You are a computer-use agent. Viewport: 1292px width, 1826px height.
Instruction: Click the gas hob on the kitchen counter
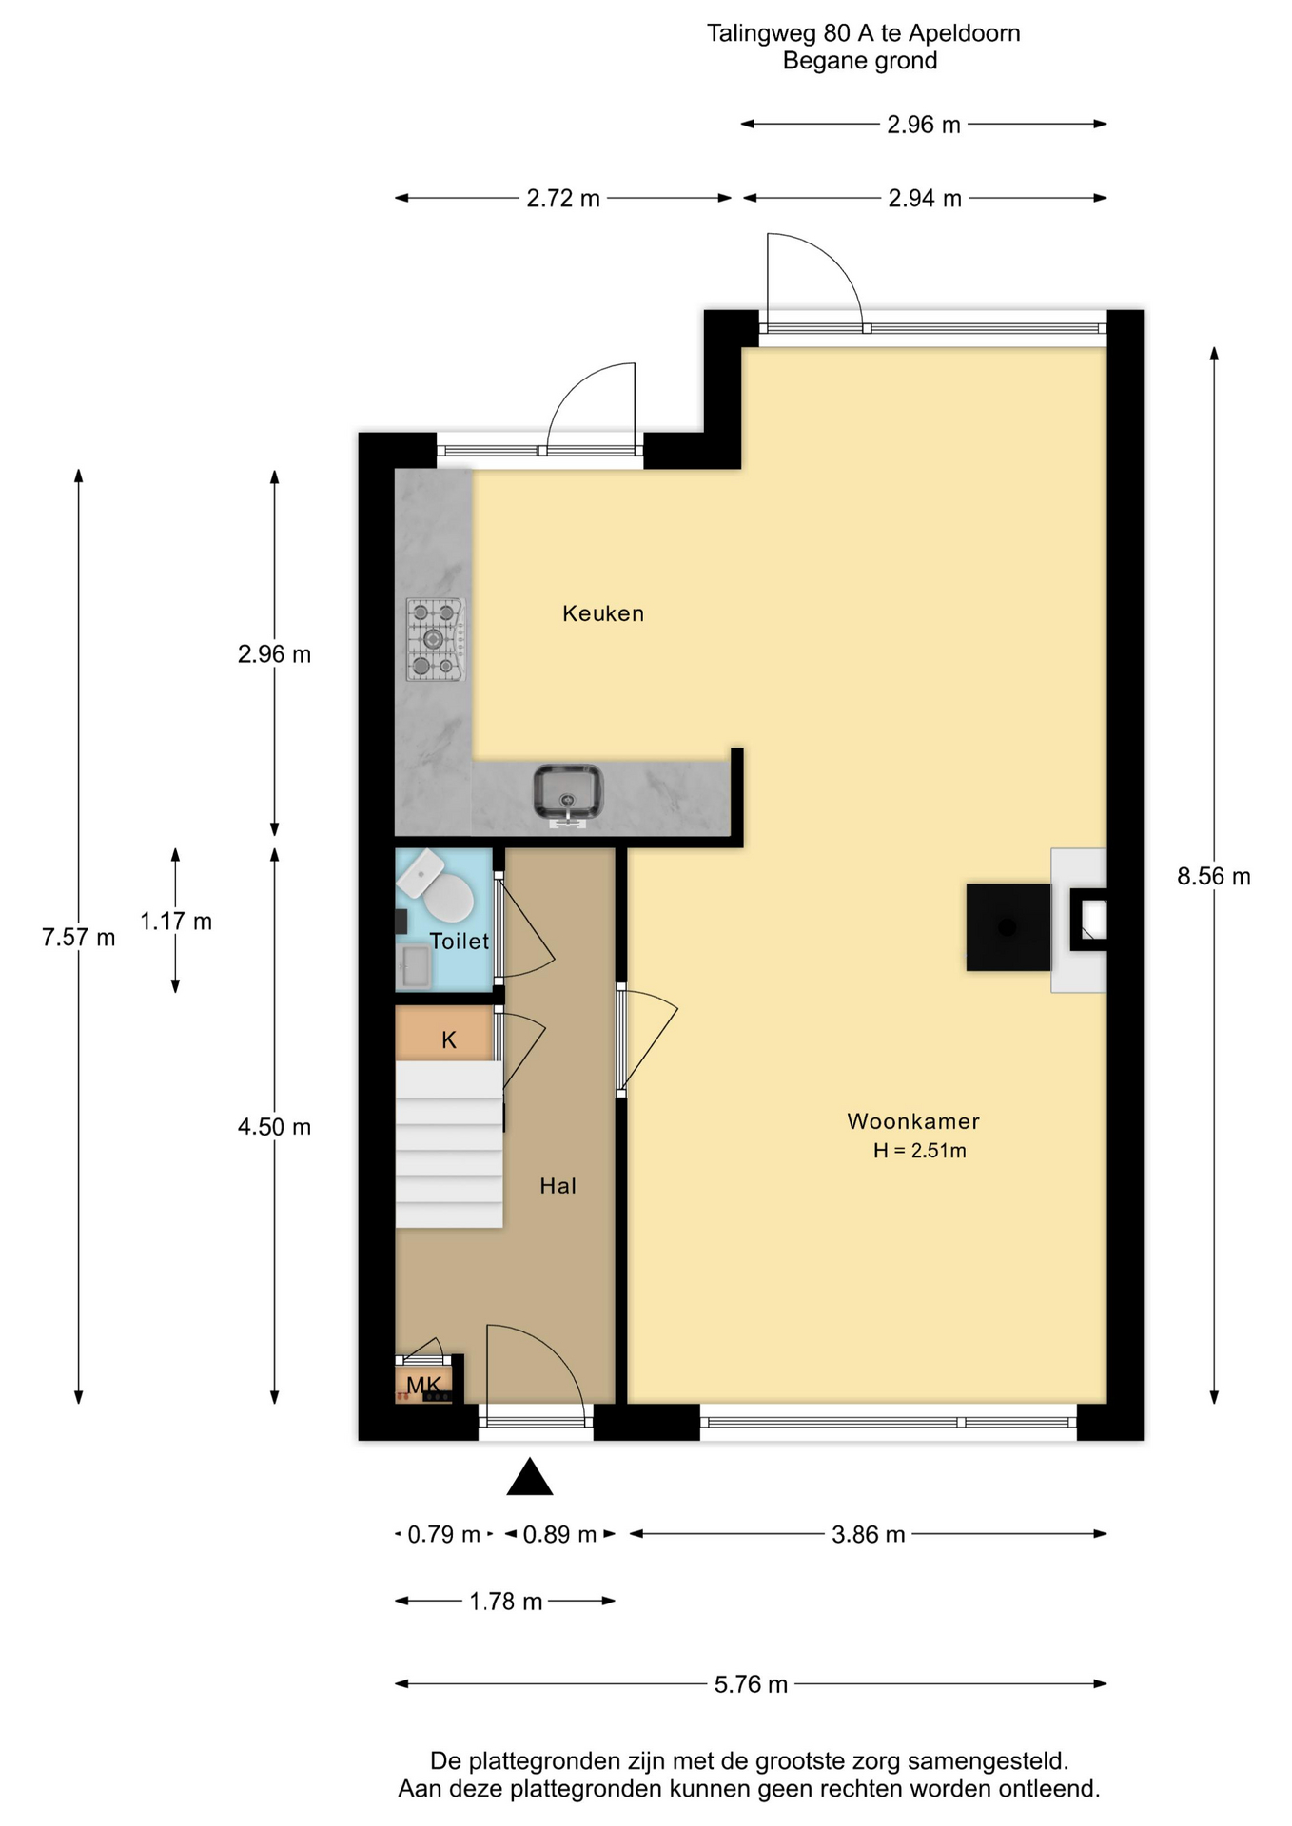pos(436,639)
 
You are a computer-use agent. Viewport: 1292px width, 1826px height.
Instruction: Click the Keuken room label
pos(603,613)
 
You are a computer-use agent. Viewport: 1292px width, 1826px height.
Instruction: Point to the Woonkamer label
pos(913,1121)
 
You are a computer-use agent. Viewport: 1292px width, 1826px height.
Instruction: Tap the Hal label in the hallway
pos(558,1186)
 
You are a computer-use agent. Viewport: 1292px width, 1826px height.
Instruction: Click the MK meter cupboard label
pos(424,1385)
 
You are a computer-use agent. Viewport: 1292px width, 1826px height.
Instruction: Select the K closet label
pos(449,1040)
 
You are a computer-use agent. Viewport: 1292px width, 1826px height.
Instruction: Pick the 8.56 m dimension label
pos(1214,877)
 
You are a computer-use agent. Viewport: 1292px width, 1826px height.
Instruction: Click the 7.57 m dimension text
pos(79,938)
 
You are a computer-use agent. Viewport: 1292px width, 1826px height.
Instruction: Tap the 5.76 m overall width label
pos(751,1684)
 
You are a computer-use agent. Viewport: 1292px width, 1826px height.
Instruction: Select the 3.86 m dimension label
pos(869,1534)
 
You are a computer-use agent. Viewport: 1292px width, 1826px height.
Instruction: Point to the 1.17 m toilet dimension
pos(176,922)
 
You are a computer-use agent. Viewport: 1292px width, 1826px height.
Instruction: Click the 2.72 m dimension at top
pos(563,198)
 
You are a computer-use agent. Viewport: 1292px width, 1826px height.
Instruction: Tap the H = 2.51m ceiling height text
pos(920,1151)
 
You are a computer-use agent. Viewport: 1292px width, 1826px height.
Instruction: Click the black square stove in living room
pos(1008,927)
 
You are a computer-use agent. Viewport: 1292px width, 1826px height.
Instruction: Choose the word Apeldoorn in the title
pos(965,33)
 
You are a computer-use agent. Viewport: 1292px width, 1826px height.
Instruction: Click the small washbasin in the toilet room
pos(414,967)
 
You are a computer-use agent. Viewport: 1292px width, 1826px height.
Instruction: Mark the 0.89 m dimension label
pos(559,1534)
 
